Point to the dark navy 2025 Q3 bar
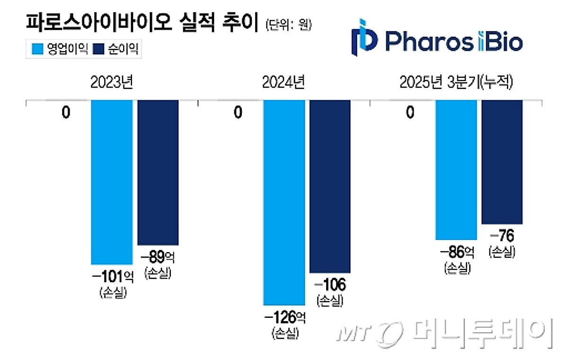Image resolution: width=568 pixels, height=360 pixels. (x=502, y=162)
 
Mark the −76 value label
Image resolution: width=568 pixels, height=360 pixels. (x=502, y=235)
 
